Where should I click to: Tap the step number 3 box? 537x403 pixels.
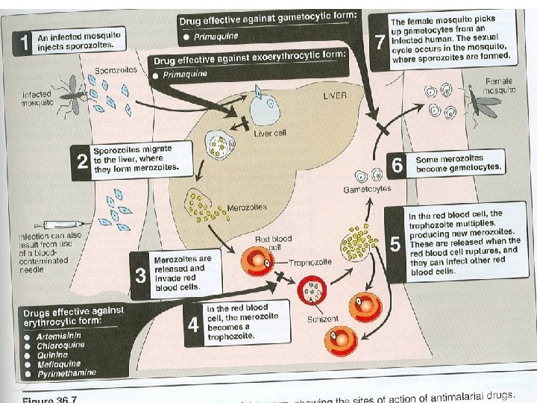pos(140,275)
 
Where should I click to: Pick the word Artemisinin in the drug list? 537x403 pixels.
pos(56,337)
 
